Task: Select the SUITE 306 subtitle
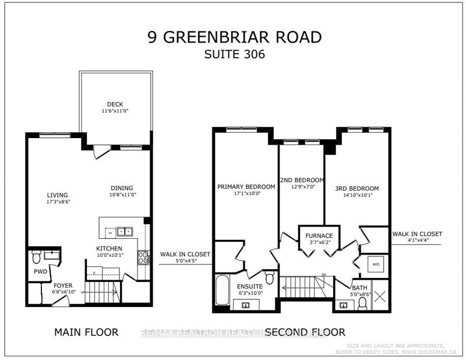pos(233,57)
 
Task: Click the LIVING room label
pos(58,195)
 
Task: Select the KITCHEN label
pos(110,248)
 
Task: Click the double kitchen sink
pos(124,231)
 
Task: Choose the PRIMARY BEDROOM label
pos(246,186)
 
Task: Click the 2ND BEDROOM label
pos(301,179)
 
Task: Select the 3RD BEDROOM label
pos(357,188)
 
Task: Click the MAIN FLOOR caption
pos(86,332)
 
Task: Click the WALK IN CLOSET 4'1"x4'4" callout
pos(417,237)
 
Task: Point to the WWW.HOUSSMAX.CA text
pos(426,352)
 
